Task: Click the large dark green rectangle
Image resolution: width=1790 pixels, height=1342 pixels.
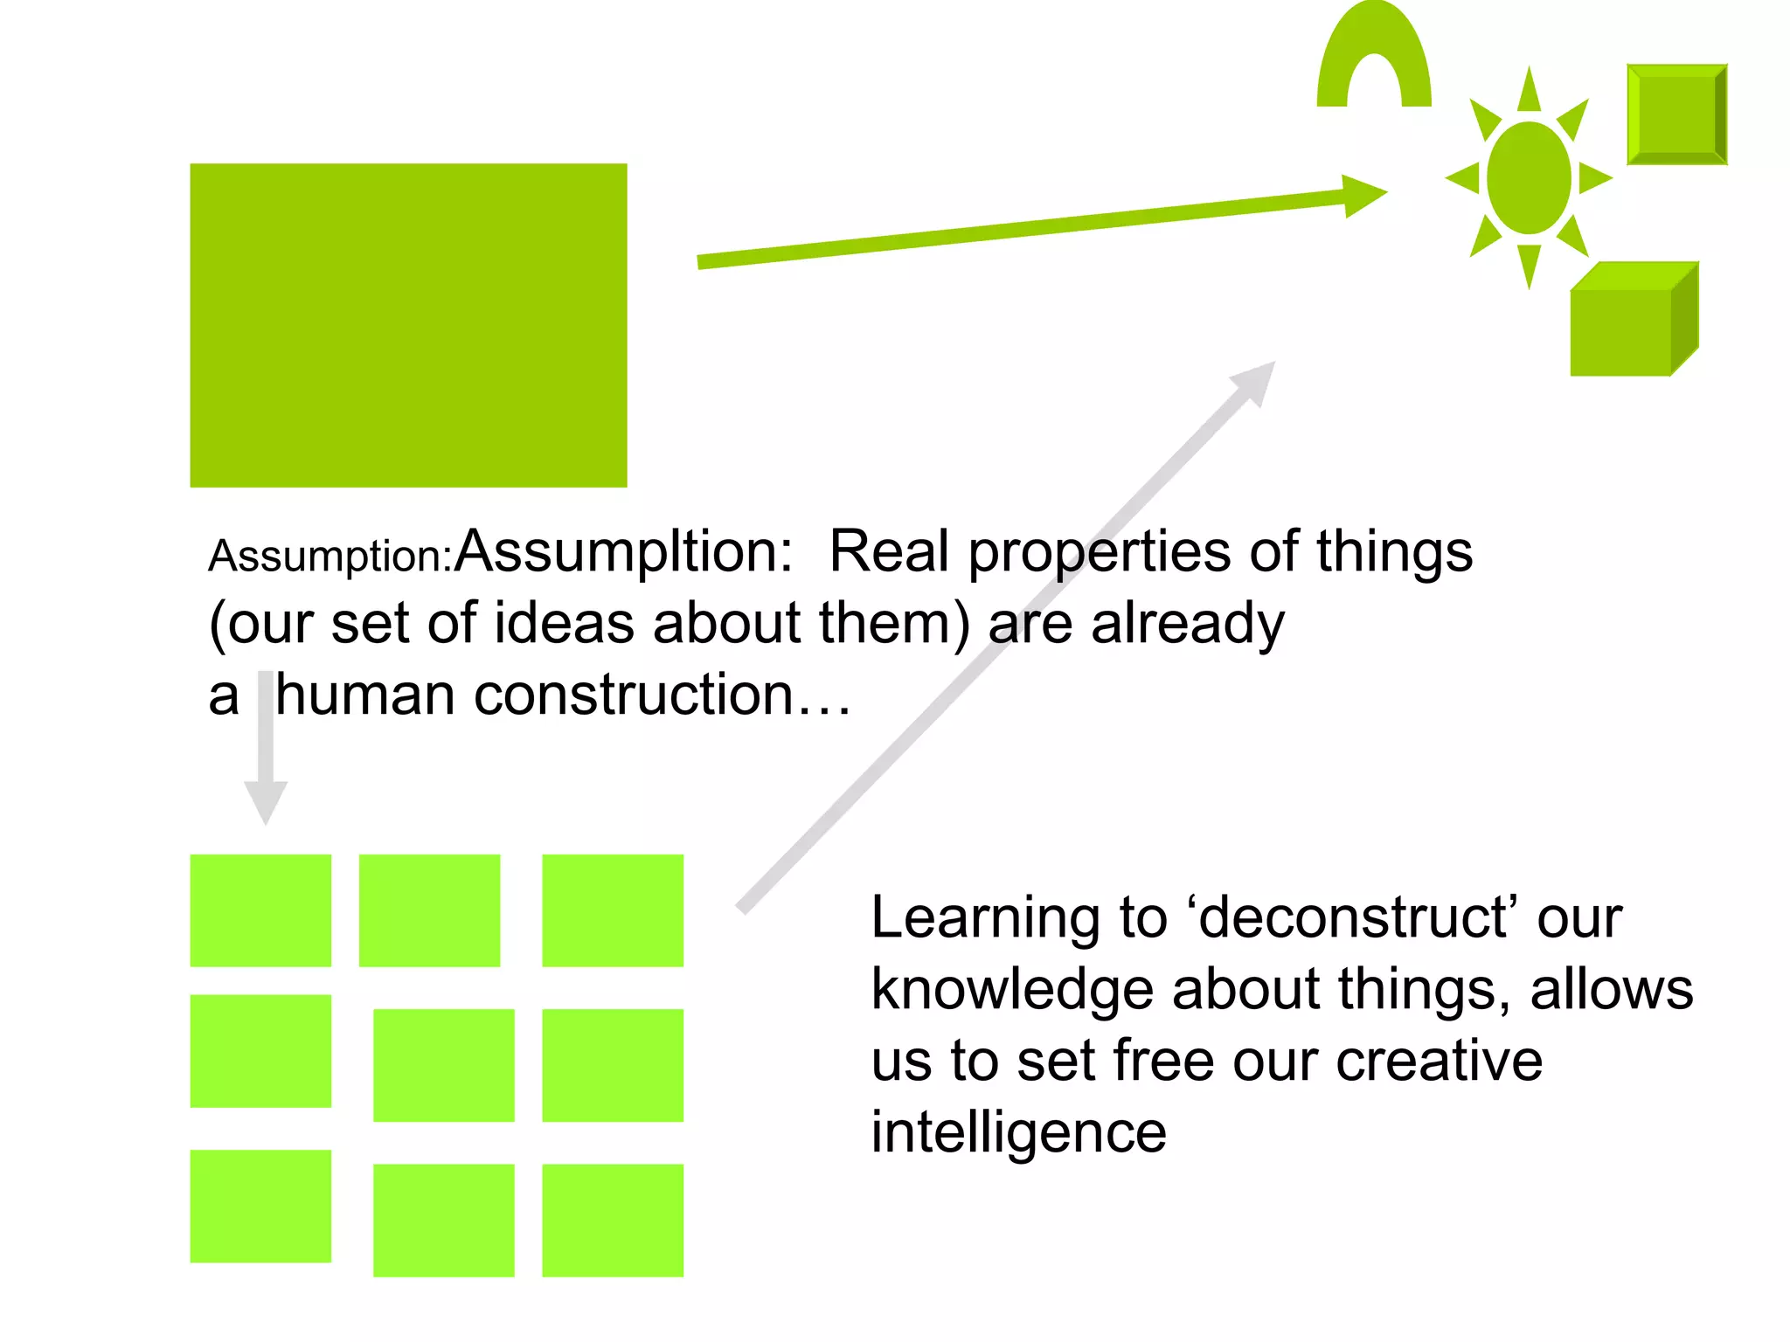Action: (408, 325)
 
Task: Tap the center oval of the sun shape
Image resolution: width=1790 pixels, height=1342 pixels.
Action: (1528, 178)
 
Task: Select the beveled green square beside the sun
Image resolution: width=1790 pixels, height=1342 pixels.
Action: (1676, 114)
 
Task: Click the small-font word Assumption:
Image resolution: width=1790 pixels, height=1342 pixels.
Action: (330, 557)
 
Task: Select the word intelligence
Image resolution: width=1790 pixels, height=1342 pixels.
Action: (1018, 1133)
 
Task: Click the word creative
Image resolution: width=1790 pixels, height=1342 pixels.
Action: (1439, 1061)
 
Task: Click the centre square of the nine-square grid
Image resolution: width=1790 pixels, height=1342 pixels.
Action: (443, 1065)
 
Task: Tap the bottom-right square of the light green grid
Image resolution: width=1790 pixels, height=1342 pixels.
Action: (612, 1220)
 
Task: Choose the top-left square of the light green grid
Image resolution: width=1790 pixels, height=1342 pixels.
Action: (260, 910)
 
